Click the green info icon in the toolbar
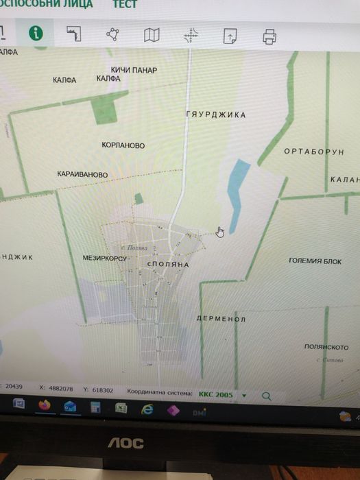coord(35,34)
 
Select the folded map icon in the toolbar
coord(152,35)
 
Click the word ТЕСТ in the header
coord(125,4)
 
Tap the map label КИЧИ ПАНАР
coord(134,70)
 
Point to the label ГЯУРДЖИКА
coord(215,115)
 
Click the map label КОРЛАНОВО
coord(123,145)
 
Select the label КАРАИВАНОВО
coord(83,175)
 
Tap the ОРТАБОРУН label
coord(313,152)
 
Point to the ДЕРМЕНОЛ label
coord(220,320)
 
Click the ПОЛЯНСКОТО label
coord(326,347)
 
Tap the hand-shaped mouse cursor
coord(220,232)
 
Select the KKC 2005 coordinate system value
coord(215,395)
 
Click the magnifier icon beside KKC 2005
coord(266,396)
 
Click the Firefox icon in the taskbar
coord(45,405)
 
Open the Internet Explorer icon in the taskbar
coord(146,409)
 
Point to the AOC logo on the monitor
coord(126,444)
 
